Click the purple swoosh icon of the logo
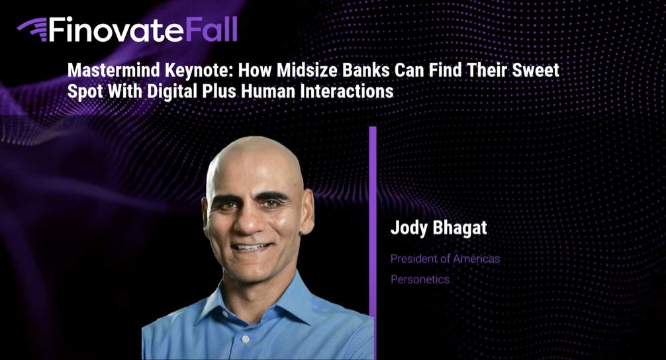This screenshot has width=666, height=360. coord(32,30)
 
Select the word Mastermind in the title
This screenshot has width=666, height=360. coord(114,70)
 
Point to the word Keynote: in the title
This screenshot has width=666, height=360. coord(199,71)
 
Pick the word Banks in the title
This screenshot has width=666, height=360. coord(366,70)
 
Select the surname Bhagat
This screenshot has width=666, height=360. coord(459,228)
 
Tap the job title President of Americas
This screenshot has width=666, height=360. coord(445,259)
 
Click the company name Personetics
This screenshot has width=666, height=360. coord(420,279)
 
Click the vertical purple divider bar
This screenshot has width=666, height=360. coord(373,243)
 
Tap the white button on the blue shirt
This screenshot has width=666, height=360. coord(245,339)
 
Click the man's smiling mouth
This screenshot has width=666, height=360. coord(252,247)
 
